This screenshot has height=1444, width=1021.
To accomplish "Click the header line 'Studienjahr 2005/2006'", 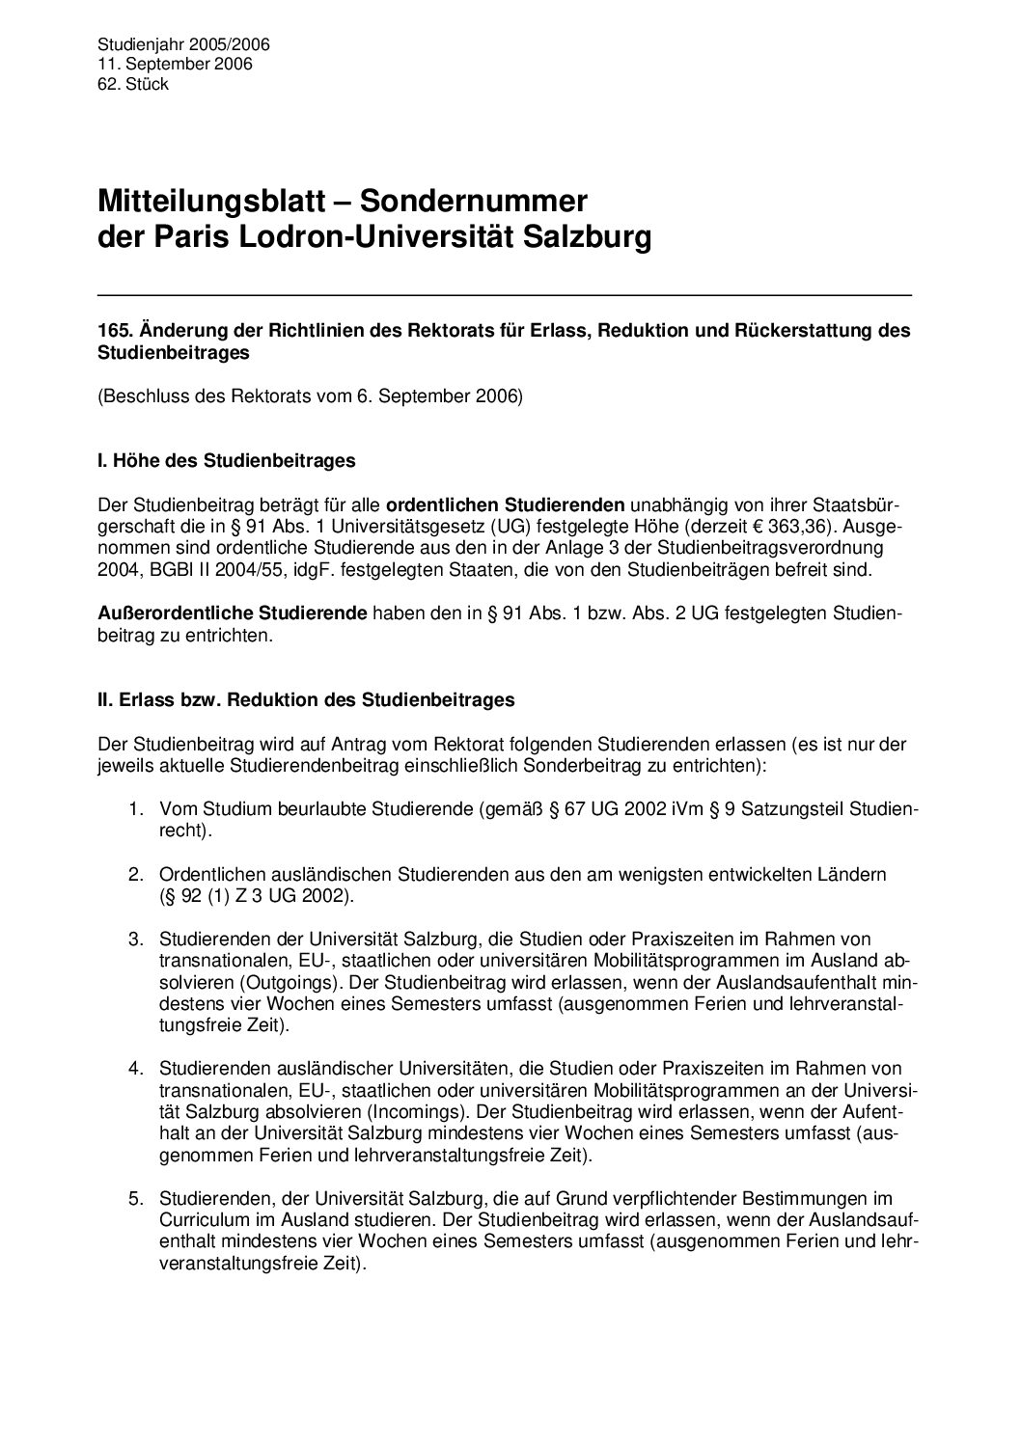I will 183,44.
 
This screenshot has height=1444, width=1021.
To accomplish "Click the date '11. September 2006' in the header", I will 175,64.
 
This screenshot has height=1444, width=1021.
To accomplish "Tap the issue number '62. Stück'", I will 133,84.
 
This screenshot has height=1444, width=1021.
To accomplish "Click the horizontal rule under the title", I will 504,293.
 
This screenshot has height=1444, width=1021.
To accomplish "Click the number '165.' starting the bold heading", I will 115,330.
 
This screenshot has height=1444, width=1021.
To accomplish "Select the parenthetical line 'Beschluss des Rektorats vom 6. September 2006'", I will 310,396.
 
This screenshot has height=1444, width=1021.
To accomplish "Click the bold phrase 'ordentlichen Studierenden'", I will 506,504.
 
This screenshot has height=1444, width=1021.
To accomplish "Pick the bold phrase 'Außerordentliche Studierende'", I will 233,613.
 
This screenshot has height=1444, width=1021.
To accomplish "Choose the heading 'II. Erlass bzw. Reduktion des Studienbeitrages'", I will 306,700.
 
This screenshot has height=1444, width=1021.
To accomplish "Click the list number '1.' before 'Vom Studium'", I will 138,808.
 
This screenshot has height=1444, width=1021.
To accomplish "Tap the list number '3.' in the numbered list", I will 138,939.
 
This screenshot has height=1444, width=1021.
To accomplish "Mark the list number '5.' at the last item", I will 138,1199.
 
